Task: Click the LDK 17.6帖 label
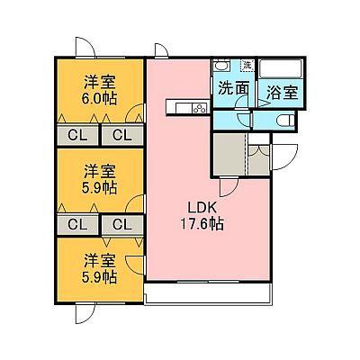202,215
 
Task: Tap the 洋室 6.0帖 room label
100,90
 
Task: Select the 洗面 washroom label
233,88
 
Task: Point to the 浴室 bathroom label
283,93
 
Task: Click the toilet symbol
286,121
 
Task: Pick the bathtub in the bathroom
281,69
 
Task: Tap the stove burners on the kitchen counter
200,108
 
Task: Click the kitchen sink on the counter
184,108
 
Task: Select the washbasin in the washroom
222,66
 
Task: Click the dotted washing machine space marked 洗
247,65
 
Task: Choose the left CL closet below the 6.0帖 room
77,135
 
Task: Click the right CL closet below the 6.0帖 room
122,135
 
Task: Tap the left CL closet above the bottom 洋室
77,224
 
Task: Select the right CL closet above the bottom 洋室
122,224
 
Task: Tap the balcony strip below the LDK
208,293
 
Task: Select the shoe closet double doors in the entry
258,149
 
